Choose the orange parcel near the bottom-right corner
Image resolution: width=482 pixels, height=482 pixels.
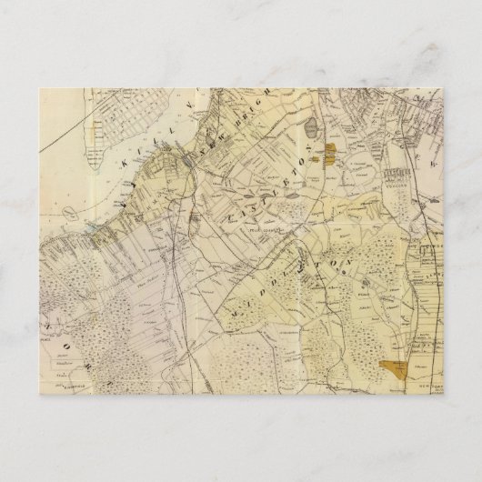tap(397, 368)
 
